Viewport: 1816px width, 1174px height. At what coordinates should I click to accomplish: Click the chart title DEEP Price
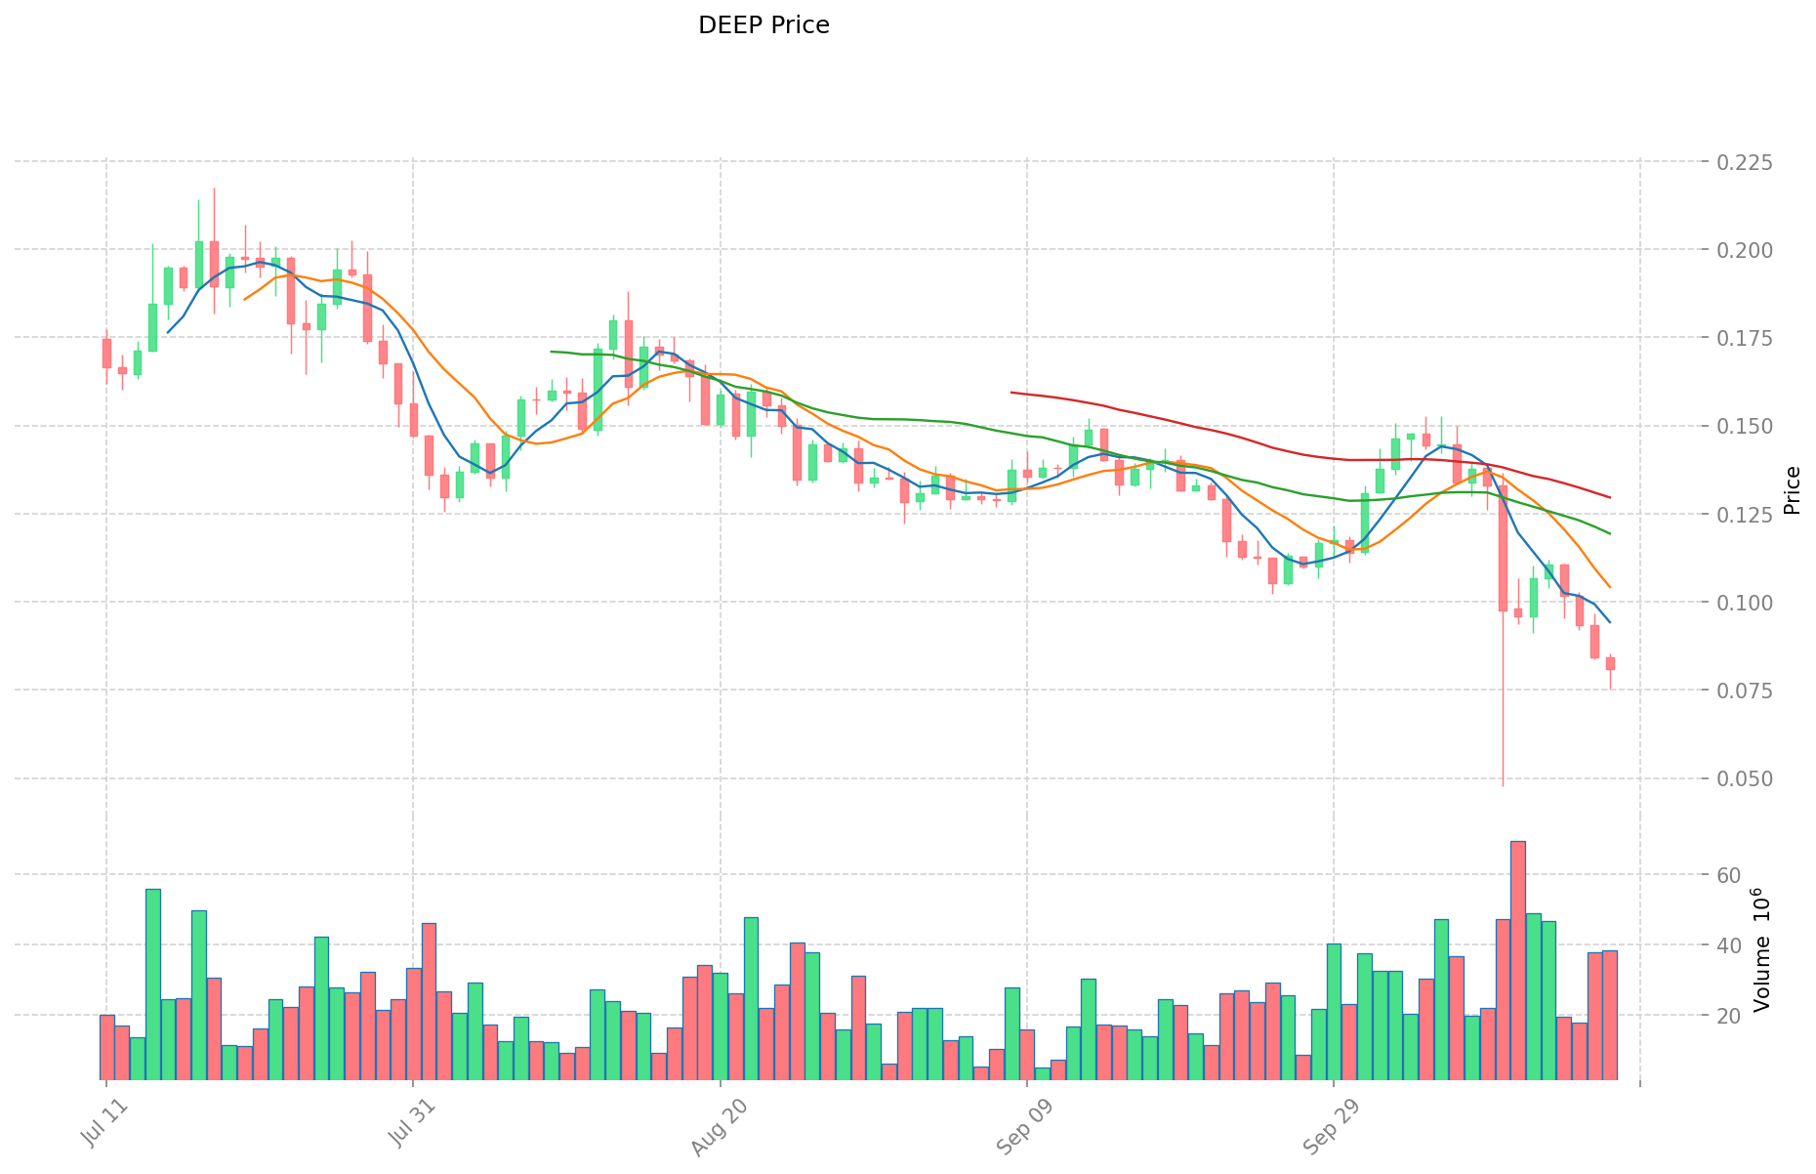[764, 25]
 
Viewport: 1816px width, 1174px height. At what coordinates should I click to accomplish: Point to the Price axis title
[1792, 490]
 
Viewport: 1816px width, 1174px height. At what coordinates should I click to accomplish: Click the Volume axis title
[1762, 949]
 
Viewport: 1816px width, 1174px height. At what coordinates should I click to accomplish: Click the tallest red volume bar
[1517, 957]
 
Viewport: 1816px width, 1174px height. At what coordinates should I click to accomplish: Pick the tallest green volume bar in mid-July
[153, 982]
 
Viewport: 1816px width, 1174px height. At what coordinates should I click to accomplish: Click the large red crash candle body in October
[1503, 547]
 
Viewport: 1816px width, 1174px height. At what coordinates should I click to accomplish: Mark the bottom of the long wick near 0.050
[1503, 784]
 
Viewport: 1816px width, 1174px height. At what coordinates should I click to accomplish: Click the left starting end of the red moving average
[1012, 393]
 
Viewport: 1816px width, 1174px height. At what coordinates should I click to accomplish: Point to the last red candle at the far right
[1610, 663]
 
